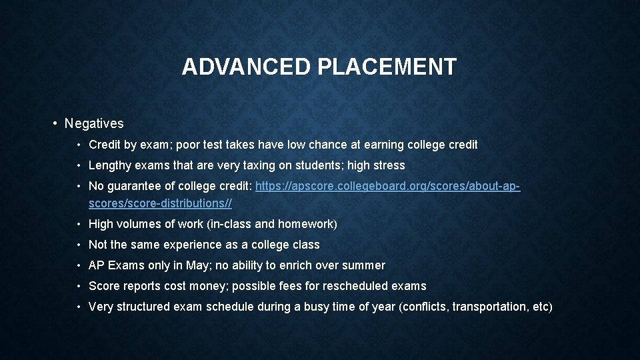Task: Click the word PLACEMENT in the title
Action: pos(390,67)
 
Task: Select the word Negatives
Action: pos(94,123)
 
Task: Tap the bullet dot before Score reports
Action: pos(79,286)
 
